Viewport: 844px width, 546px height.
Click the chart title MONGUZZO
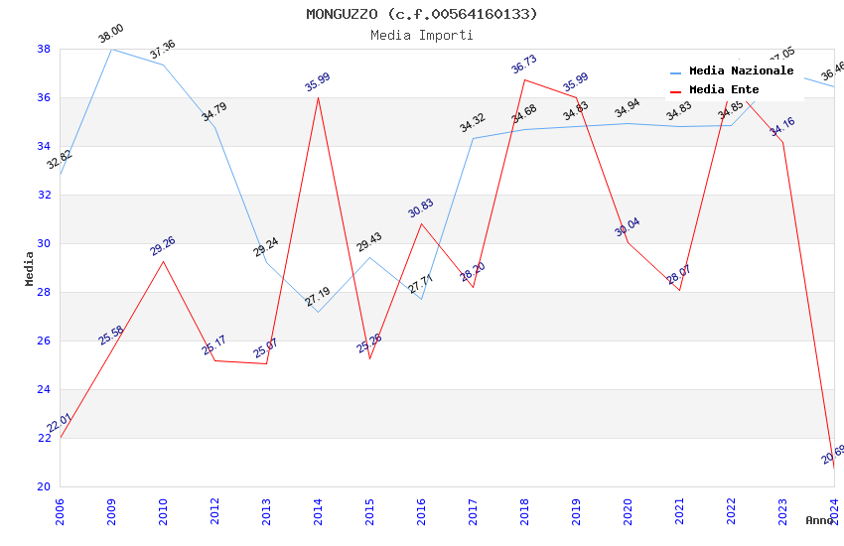coord(422,14)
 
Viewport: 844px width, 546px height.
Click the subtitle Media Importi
coord(422,35)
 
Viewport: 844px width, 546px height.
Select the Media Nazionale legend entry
coord(741,71)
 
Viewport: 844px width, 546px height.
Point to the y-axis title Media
coord(29,268)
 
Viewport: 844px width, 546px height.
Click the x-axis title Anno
coord(819,520)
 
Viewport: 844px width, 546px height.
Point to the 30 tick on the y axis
coord(44,243)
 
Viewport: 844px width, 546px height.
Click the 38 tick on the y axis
coord(44,49)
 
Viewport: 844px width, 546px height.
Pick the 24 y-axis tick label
coord(44,389)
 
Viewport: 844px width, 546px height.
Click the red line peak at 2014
coord(318,97)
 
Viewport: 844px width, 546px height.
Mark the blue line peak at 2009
coord(111,49)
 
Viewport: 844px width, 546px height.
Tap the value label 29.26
coord(163,246)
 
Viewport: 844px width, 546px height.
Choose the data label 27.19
coord(318,296)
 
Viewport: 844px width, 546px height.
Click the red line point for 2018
coord(524,79)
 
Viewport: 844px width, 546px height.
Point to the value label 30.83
coord(420,208)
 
